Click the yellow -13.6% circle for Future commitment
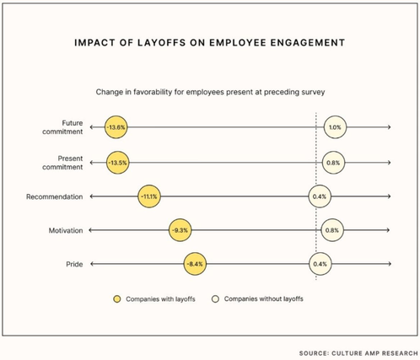click(116, 127)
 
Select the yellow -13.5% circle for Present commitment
click(118, 163)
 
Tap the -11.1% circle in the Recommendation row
click(149, 196)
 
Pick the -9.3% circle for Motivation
click(180, 230)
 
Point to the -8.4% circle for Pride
click(195, 264)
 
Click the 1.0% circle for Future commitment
click(335, 127)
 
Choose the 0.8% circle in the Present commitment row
click(333, 163)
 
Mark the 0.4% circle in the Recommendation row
click(320, 196)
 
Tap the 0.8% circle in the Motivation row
click(332, 230)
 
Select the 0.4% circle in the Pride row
click(320, 264)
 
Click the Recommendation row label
click(55, 196)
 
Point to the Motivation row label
click(66, 230)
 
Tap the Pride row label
click(74, 264)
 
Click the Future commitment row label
click(62, 127)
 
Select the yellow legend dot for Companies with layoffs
click(117, 299)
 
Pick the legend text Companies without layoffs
click(264, 298)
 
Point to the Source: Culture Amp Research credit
click(358, 353)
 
